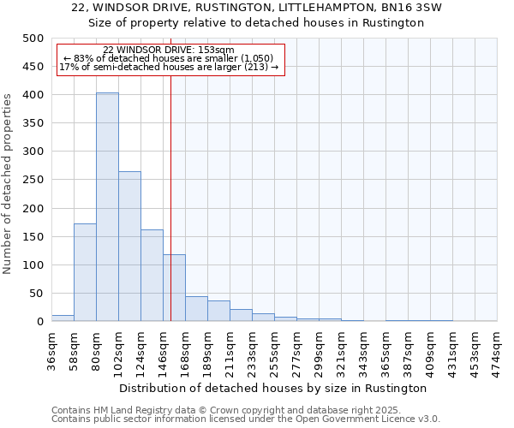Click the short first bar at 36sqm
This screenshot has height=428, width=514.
[63, 318]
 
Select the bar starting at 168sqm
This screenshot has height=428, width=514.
[196, 309]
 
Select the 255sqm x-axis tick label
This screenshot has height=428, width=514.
[274, 352]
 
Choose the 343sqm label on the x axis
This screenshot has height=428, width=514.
[363, 352]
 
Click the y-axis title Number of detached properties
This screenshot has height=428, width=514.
[9, 180]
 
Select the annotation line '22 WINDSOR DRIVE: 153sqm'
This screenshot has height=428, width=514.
[168, 50]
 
